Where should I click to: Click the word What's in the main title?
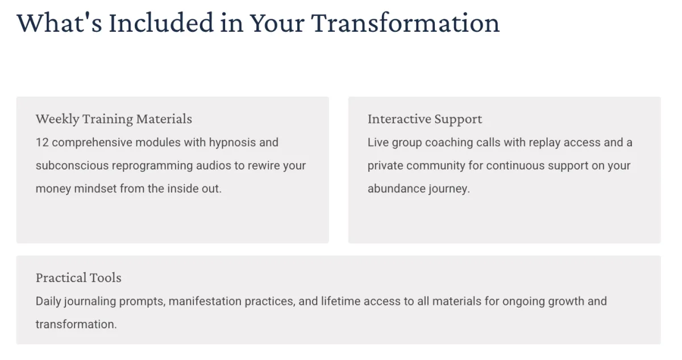click(x=59, y=23)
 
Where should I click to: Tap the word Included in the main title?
click(x=161, y=23)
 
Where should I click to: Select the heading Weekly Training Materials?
click(x=114, y=119)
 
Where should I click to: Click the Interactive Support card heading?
click(x=425, y=119)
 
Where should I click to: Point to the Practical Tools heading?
click(x=78, y=278)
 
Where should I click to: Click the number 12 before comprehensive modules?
click(x=42, y=143)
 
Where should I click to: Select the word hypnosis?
click(x=232, y=143)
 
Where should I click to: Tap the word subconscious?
click(x=72, y=165)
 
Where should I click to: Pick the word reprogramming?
click(x=152, y=166)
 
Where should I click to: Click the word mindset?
click(x=95, y=188)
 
